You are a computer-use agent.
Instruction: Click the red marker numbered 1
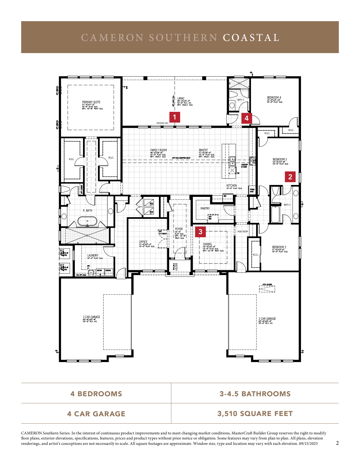point(174,117)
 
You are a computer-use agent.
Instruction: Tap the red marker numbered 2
point(290,177)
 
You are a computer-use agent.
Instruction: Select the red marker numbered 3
point(200,232)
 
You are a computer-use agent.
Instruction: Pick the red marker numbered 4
point(246,118)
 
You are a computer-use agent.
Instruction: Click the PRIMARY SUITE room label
point(91,102)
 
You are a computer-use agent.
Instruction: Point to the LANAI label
point(181,99)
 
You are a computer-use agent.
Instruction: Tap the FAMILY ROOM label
point(158,150)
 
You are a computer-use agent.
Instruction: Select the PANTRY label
point(205,208)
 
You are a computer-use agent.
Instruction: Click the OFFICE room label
point(143,242)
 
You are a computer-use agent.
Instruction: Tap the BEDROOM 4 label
point(274,97)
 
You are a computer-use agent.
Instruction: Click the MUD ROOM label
point(243,232)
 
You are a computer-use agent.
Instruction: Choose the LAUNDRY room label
point(93,255)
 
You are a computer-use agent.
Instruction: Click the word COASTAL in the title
point(251,38)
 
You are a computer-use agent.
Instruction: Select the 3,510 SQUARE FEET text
point(255,413)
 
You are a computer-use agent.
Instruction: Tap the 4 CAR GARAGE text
point(96,414)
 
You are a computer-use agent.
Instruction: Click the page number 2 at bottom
point(337,443)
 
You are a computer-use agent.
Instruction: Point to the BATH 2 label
point(287,205)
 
